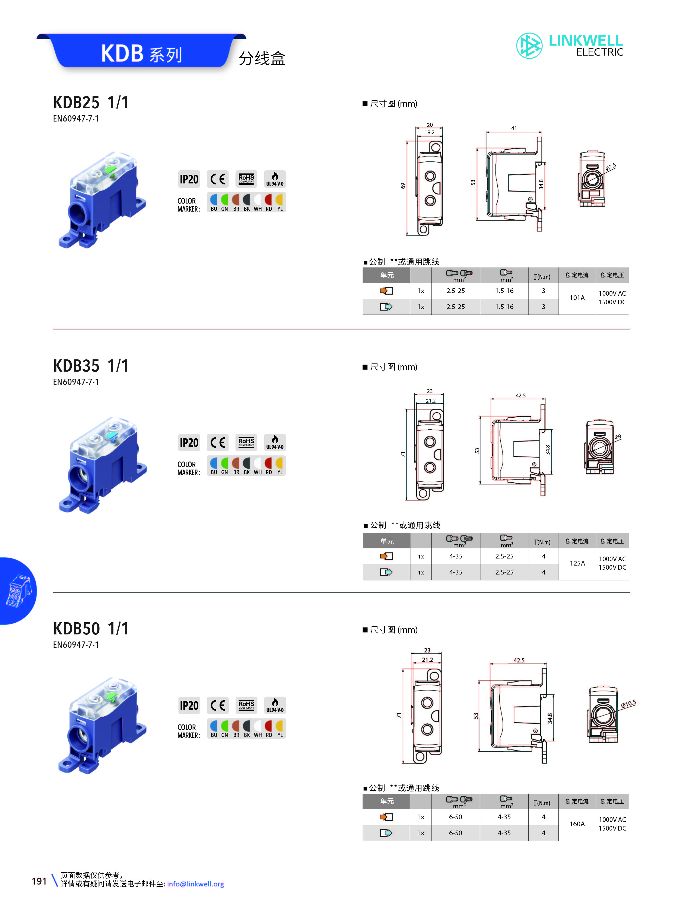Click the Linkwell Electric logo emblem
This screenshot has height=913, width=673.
(x=529, y=46)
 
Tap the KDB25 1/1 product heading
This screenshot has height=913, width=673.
(x=91, y=102)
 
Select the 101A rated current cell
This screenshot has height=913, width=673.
(x=577, y=298)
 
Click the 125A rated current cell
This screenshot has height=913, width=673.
(x=577, y=563)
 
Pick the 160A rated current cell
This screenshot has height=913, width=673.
(x=577, y=824)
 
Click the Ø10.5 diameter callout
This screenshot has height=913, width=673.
(x=628, y=704)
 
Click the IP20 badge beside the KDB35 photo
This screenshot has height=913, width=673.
(x=189, y=443)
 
